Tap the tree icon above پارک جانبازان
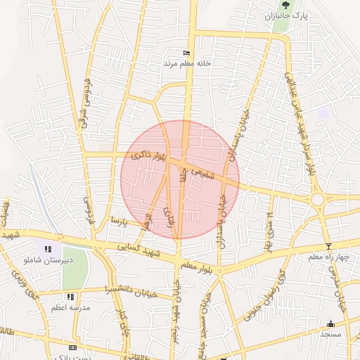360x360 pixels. click(285, 5)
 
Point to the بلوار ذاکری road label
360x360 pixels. click(148, 159)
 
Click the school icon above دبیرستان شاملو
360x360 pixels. click(48, 249)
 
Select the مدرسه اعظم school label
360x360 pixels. click(71, 308)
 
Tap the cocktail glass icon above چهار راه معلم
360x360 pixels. click(328, 246)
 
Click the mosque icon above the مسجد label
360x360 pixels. click(330, 323)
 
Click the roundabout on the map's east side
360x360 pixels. click(318, 200)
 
